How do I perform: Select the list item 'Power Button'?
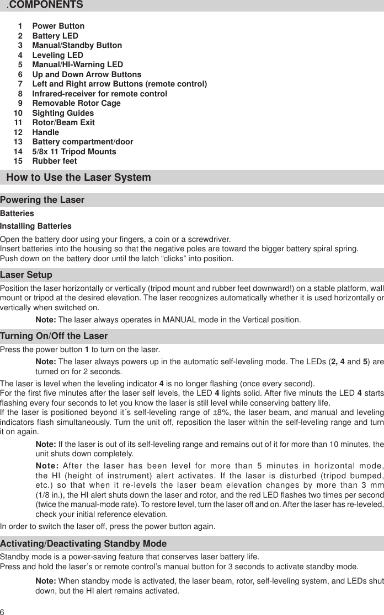coord(58,26)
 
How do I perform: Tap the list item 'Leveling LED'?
coord(57,55)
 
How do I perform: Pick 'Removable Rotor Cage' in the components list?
coord(76,103)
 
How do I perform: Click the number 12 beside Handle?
coord(19,132)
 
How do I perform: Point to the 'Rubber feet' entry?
coord(55,161)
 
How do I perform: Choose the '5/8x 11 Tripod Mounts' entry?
coord(74,152)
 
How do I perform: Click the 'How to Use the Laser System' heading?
coord(78,177)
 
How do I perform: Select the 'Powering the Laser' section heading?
coord(42,199)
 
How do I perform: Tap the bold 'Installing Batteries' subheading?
coord(36,226)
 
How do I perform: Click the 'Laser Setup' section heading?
coord(26,274)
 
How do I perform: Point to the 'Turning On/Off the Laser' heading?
coord(54,336)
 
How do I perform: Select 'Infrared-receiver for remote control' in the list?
coord(99,94)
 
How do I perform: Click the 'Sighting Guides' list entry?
coord(63,113)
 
